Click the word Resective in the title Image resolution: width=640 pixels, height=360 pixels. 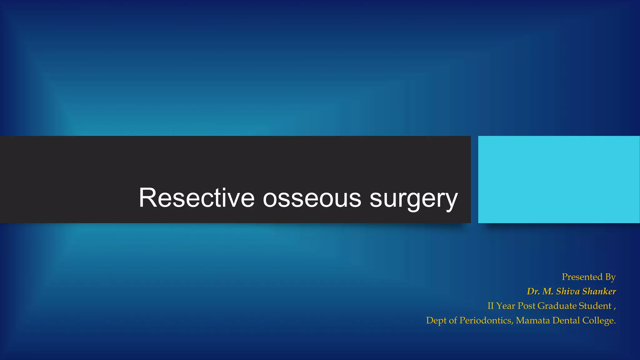pyautogui.click(x=197, y=198)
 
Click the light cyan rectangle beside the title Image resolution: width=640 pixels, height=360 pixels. pyautogui.click(x=559, y=179)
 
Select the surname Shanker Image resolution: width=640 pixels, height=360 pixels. pyautogui.click(x=599, y=291)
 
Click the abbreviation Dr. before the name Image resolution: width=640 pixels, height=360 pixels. pyautogui.click(x=533, y=291)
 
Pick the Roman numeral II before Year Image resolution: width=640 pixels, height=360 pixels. pyautogui.click(x=491, y=306)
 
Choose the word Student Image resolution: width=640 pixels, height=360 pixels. pyautogui.click(x=595, y=306)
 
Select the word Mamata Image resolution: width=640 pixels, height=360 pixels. pyautogui.click(x=532, y=320)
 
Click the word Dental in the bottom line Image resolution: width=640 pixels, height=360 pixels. pyautogui.click(x=566, y=320)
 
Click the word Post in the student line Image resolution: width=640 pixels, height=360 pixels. pyautogui.click(x=526, y=306)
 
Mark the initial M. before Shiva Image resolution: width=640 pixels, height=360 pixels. pyautogui.click(x=548, y=291)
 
